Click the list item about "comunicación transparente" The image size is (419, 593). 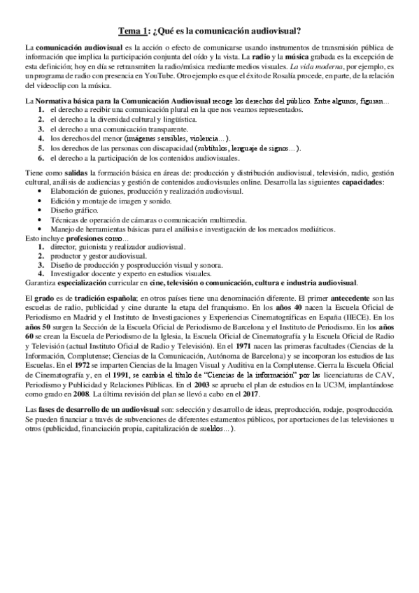point(108,129)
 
